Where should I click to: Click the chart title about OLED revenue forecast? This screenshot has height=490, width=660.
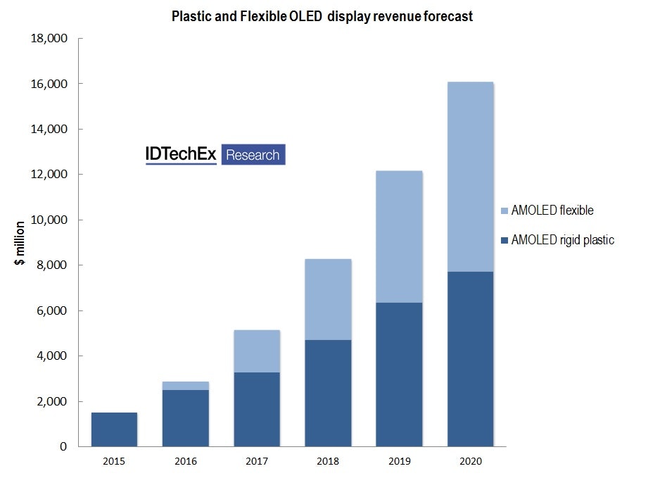[322, 17]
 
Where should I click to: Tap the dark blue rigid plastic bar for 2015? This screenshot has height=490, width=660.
[114, 429]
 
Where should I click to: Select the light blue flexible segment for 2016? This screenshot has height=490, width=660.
[185, 386]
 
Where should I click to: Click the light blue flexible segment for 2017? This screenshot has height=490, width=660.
[257, 351]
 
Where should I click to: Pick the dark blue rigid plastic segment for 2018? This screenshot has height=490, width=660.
[328, 393]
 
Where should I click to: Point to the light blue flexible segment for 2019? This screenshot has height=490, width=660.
[399, 237]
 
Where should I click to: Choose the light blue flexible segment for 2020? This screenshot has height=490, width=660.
[470, 177]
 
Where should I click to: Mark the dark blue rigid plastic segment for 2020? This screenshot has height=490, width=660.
[470, 359]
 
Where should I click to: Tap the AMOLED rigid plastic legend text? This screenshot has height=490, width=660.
[563, 240]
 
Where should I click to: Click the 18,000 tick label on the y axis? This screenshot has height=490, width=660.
[49, 39]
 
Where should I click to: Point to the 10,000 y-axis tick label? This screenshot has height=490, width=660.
[49, 220]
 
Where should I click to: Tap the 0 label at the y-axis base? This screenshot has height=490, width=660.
[63, 446]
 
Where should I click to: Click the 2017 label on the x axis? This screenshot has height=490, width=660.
[257, 462]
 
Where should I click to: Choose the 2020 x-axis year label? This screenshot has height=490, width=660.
[470, 462]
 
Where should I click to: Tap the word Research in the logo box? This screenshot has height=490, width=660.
[253, 155]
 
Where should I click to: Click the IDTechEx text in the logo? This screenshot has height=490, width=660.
[181, 155]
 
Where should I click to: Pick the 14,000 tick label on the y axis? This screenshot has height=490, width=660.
[49, 130]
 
